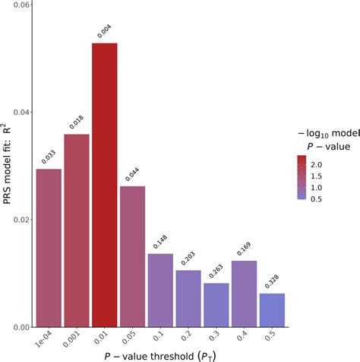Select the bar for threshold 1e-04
pos(49,247)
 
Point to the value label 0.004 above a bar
pos(104,31)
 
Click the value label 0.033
pos(48,156)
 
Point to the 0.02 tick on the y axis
pos(19,220)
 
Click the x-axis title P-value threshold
pos(159,354)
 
